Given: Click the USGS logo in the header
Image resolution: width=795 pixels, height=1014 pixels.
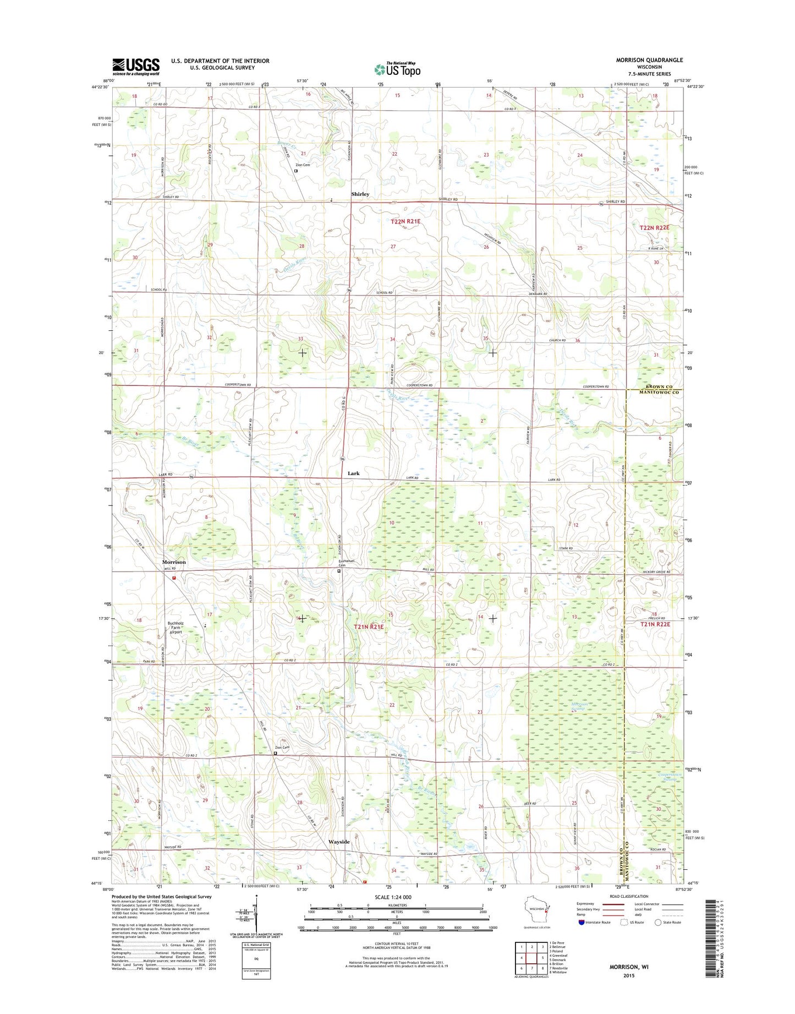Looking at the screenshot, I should (136, 67).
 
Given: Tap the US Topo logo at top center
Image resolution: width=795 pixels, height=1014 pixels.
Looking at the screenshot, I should (397, 69).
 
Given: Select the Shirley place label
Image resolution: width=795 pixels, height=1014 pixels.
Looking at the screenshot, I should (360, 194).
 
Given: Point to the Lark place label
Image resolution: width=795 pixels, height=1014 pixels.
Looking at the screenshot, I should (353, 473).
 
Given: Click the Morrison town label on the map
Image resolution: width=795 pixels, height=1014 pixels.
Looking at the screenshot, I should (174, 562).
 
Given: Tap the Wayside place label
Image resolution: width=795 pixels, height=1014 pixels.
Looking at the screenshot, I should (339, 842).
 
